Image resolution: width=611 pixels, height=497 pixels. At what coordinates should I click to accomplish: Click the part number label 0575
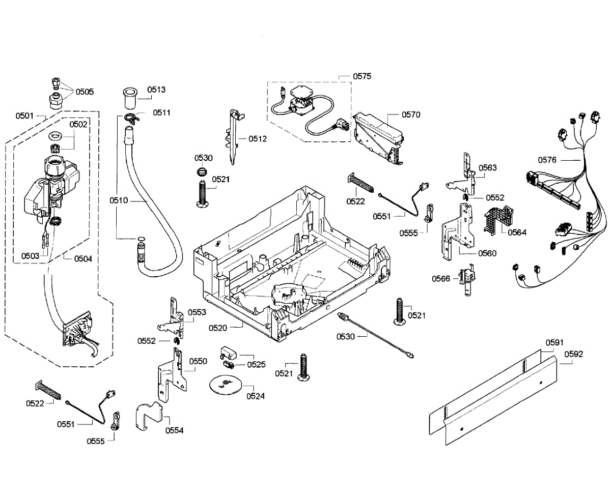(x=362, y=76)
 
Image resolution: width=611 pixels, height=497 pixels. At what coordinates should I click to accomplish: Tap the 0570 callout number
(x=411, y=114)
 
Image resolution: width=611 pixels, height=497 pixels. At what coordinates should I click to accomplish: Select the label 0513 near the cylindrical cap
(x=156, y=90)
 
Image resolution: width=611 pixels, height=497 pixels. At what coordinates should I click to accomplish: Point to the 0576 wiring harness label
(x=547, y=160)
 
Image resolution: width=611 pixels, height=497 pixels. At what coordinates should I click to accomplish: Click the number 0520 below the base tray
(x=218, y=328)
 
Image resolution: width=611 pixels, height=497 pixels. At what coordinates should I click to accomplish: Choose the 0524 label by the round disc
(x=256, y=396)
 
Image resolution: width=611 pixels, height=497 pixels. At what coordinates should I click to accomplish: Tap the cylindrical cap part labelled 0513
(x=130, y=98)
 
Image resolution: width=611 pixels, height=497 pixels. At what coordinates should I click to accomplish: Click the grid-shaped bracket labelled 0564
(x=498, y=220)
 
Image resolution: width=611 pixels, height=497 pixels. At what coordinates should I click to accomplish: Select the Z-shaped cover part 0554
(x=149, y=416)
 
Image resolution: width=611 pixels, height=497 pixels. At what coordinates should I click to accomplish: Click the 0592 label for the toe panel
(x=574, y=354)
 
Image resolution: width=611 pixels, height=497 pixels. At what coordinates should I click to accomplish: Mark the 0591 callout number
(x=554, y=342)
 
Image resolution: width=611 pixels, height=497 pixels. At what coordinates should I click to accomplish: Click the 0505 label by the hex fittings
(x=85, y=92)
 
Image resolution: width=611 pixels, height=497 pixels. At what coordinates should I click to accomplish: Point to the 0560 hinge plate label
(x=487, y=253)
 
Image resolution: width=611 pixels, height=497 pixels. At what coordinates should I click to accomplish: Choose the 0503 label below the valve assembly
(x=30, y=256)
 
